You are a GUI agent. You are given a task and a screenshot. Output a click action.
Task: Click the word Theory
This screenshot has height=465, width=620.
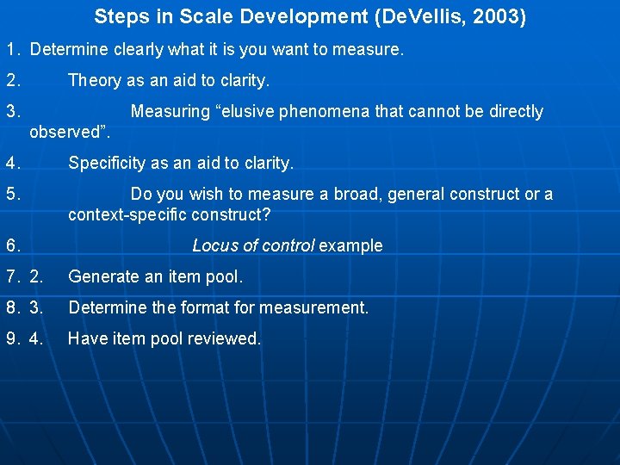[95, 81]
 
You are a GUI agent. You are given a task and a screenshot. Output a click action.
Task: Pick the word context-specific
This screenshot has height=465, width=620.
[127, 214]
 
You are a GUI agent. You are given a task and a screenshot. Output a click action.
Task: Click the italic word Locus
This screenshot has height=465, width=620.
[214, 245]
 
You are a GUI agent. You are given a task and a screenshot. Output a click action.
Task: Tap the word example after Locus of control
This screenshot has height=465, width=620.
[350, 246]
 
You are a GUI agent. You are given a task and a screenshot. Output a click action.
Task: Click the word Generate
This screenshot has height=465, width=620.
[103, 276]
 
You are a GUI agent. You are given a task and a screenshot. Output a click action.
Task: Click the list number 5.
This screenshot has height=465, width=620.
[12, 195]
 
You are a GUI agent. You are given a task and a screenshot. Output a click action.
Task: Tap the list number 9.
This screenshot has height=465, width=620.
[12, 339]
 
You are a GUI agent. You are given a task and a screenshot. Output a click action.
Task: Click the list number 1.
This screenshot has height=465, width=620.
[12, 50]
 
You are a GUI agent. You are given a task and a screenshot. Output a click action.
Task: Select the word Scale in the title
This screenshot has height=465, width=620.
[200, 16]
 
